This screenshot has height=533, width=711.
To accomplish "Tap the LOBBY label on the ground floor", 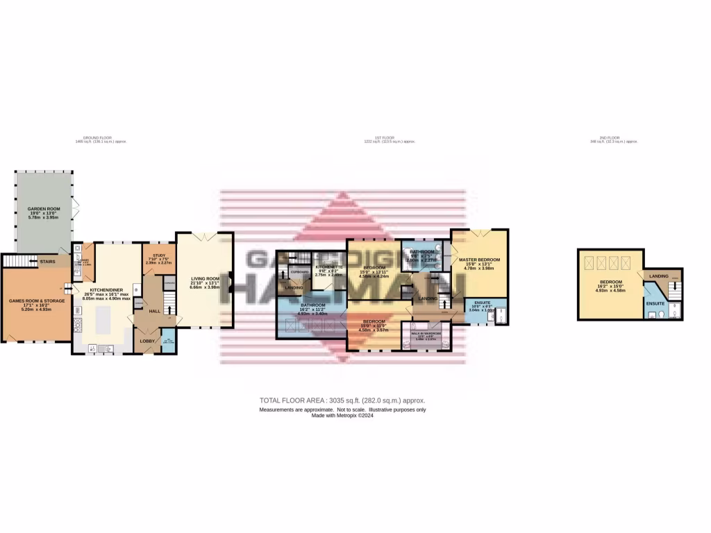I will pos(147,341).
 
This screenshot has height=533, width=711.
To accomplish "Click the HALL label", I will pos(154,311).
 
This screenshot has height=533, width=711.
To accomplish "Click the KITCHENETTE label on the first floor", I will pos(327,266).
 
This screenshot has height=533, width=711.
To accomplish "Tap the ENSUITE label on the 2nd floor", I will pos(655,304).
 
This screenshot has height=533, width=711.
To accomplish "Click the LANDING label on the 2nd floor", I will pos(658,277).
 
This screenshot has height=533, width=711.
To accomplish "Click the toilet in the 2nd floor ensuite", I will pos(664,314).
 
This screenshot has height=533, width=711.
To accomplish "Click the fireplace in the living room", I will pos(232,284).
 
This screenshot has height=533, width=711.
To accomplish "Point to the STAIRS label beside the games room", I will pos(47,262).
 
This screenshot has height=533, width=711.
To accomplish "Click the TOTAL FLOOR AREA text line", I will pos(342,400).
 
